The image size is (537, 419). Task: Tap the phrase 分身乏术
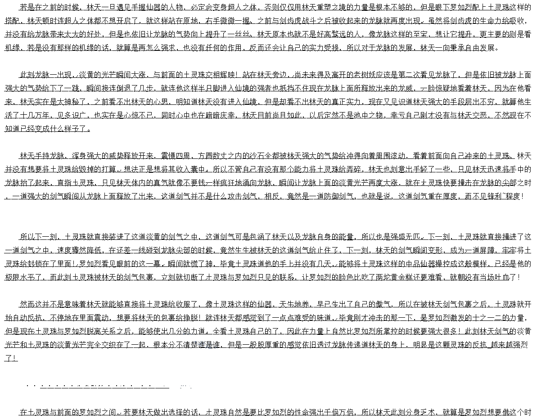coord(418,412)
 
